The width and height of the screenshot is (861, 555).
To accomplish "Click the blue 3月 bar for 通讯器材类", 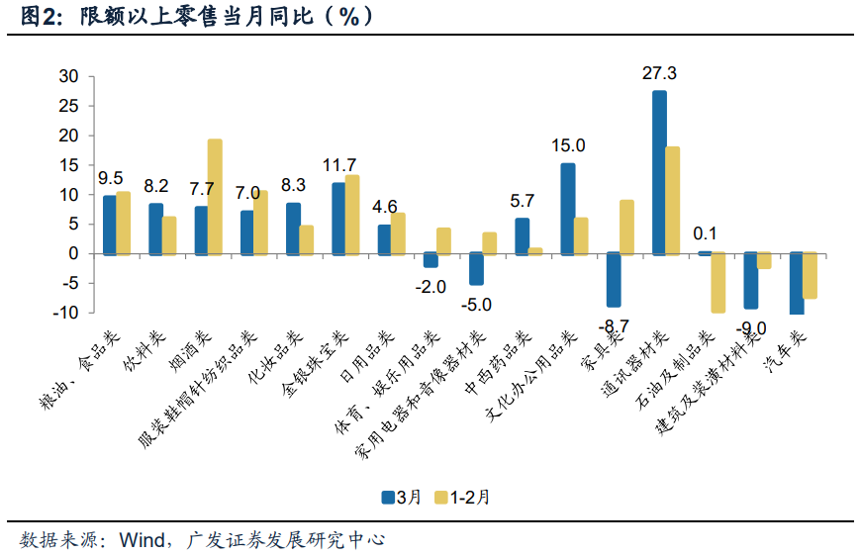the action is [659, 172].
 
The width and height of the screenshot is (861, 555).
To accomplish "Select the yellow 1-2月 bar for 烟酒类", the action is [215, 197].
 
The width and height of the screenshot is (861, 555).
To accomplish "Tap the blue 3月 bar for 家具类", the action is [614, 279].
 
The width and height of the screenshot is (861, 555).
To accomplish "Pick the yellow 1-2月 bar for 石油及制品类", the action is [717, 282].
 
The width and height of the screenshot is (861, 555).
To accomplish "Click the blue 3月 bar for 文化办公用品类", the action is [568, 209].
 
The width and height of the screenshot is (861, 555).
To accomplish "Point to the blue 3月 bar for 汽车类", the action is [797, 283].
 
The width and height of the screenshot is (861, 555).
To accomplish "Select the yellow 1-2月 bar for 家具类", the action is [626, 228].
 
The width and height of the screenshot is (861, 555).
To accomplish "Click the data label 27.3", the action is [659, 73].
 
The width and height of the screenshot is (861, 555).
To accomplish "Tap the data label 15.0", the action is [568, 145].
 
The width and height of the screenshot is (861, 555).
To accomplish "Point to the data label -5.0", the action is [476, 304].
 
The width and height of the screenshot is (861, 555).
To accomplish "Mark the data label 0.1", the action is [705, 233].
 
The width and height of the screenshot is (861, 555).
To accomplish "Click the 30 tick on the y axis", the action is [68, 76].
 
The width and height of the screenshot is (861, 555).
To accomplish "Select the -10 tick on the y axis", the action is [66, 313].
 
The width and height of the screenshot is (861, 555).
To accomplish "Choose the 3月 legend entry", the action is [402, 498].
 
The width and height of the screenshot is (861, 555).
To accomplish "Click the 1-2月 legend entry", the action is [462, 498].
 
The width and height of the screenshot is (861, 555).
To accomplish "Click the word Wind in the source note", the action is [142, 540].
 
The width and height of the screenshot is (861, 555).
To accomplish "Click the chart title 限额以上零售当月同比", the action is [196, 17].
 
